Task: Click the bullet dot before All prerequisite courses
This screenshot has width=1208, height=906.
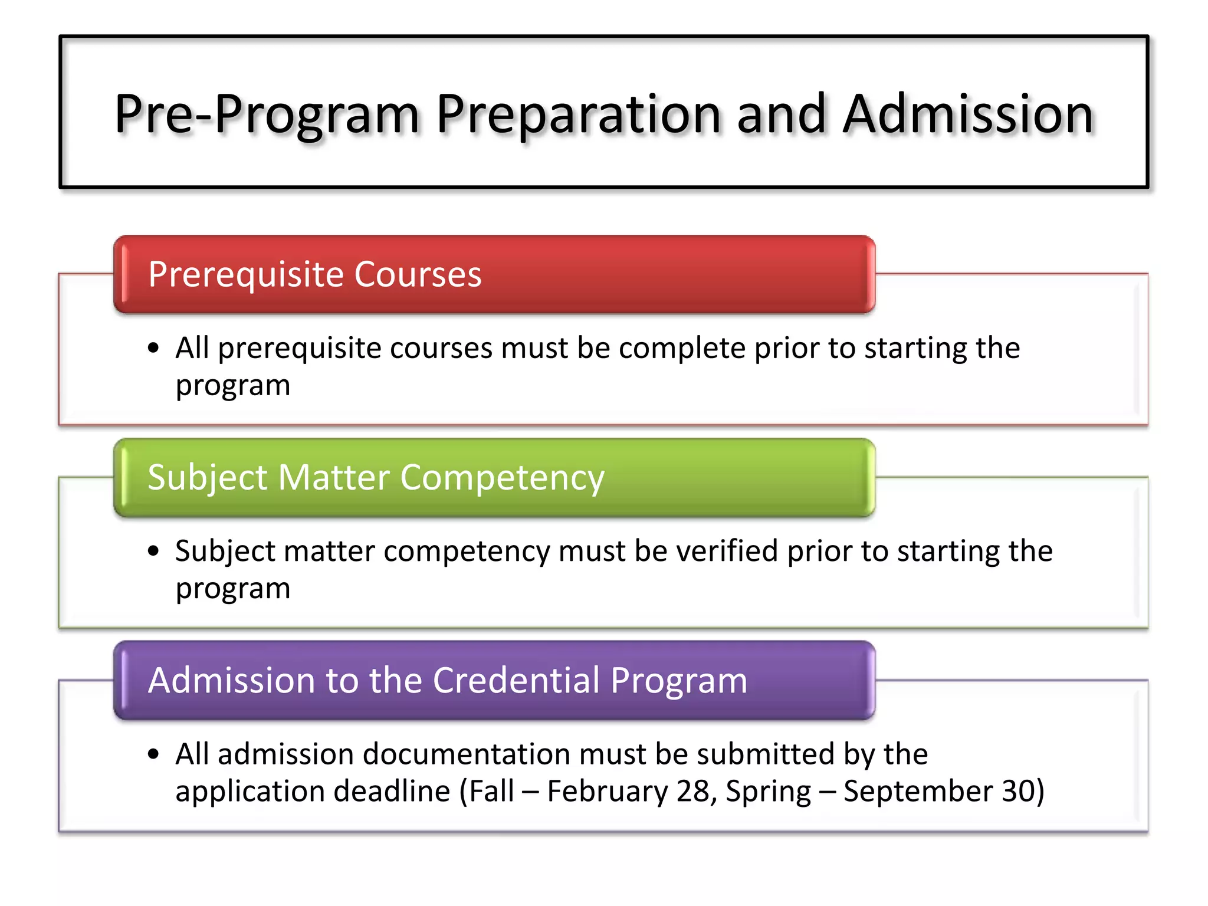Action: coord(154,348)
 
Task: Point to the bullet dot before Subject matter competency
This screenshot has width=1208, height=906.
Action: coord(154,551)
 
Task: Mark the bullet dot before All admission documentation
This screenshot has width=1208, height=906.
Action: coord(154,754)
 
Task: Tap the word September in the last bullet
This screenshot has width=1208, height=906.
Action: coord(917,791)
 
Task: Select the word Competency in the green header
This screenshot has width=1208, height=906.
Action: coord(502,478)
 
